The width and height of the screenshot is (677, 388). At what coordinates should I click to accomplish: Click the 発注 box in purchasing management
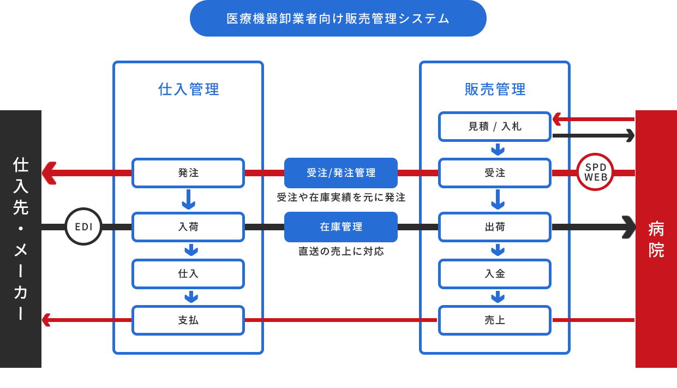[188, 173]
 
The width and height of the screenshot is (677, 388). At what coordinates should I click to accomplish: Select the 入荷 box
[188, 227]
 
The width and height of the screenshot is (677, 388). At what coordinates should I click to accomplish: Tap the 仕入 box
[188, 274]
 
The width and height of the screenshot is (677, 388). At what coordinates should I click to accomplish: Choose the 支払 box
[188, 320]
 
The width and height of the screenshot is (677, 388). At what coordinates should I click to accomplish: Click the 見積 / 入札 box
[495, 127]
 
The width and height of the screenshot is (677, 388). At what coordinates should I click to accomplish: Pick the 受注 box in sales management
[495, 173]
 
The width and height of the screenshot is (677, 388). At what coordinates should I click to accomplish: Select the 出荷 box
[495, 227]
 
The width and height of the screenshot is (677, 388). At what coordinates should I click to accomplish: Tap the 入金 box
[495, 274]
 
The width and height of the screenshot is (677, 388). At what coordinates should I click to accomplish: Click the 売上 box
[495, 320]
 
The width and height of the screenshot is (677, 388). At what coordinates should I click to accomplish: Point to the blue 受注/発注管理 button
[341, 173]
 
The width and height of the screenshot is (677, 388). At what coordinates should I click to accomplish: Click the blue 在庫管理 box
[341, 227]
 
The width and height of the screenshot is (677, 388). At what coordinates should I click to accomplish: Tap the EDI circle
[83, 226]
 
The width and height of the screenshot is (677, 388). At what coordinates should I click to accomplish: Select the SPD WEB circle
[595, 172]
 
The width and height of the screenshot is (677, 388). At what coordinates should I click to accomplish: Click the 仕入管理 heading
[189, 89]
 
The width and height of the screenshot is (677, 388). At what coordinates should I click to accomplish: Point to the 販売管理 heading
[495, 89]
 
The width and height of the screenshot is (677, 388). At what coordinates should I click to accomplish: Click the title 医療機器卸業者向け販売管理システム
[338, 19]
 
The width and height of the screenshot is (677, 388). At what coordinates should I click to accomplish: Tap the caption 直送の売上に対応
[341, 252]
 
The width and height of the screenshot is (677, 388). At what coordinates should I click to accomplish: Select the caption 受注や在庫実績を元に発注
[341, 198]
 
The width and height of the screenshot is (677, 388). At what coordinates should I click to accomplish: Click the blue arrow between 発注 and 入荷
[189, 200]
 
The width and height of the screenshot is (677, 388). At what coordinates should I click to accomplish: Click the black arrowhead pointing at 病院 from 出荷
[629, 227]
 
